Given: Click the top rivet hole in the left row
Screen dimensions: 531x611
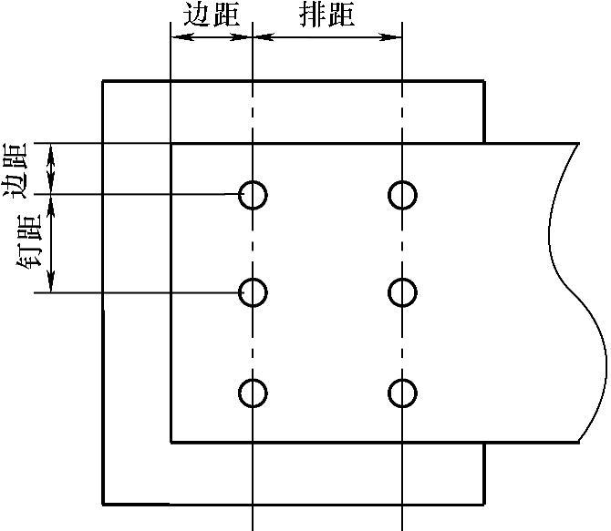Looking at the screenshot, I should coord(253,194).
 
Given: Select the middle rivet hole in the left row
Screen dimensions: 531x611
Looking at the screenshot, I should coord(253,292).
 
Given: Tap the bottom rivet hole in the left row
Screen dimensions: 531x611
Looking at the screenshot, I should coord(253,393).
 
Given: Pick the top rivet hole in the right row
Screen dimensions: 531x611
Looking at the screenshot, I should coord(402,194).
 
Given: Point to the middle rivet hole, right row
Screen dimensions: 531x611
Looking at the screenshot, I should coord(402,292).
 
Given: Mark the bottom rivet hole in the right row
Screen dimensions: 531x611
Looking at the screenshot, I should coord(402,393).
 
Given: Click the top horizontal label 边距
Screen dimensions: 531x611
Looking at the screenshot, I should coord(211,15).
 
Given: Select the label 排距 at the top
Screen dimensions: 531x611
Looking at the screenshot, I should coord(326,15).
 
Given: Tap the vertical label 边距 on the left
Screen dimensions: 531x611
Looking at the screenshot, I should coord(17,168).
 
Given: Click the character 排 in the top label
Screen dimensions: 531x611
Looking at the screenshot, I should coord(311,15).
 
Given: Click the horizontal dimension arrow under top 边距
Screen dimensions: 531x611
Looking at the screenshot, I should coord(211,37).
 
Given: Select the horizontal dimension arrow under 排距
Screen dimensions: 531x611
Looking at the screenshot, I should coord(326,37).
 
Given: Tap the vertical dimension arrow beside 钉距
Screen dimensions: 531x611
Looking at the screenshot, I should coord(52,243).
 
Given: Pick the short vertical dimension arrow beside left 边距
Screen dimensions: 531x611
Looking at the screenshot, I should coord(52,168).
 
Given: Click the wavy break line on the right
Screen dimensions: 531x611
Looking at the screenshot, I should coord(575,291).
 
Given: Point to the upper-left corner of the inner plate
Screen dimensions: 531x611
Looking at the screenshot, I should coord(171,143).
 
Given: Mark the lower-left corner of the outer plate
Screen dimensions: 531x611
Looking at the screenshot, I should coord(102,503).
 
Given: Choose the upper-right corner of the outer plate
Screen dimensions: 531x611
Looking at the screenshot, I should coord(483,82).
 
